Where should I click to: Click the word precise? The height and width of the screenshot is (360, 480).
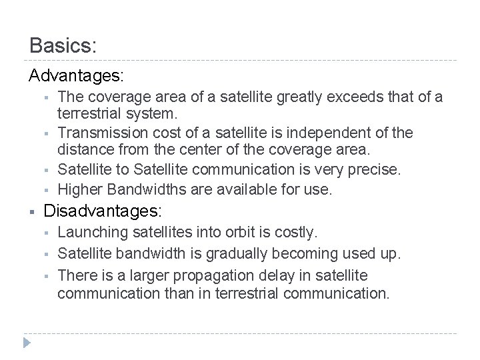[x=376, y=169]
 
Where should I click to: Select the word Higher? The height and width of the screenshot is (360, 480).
[x=78, y=190]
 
